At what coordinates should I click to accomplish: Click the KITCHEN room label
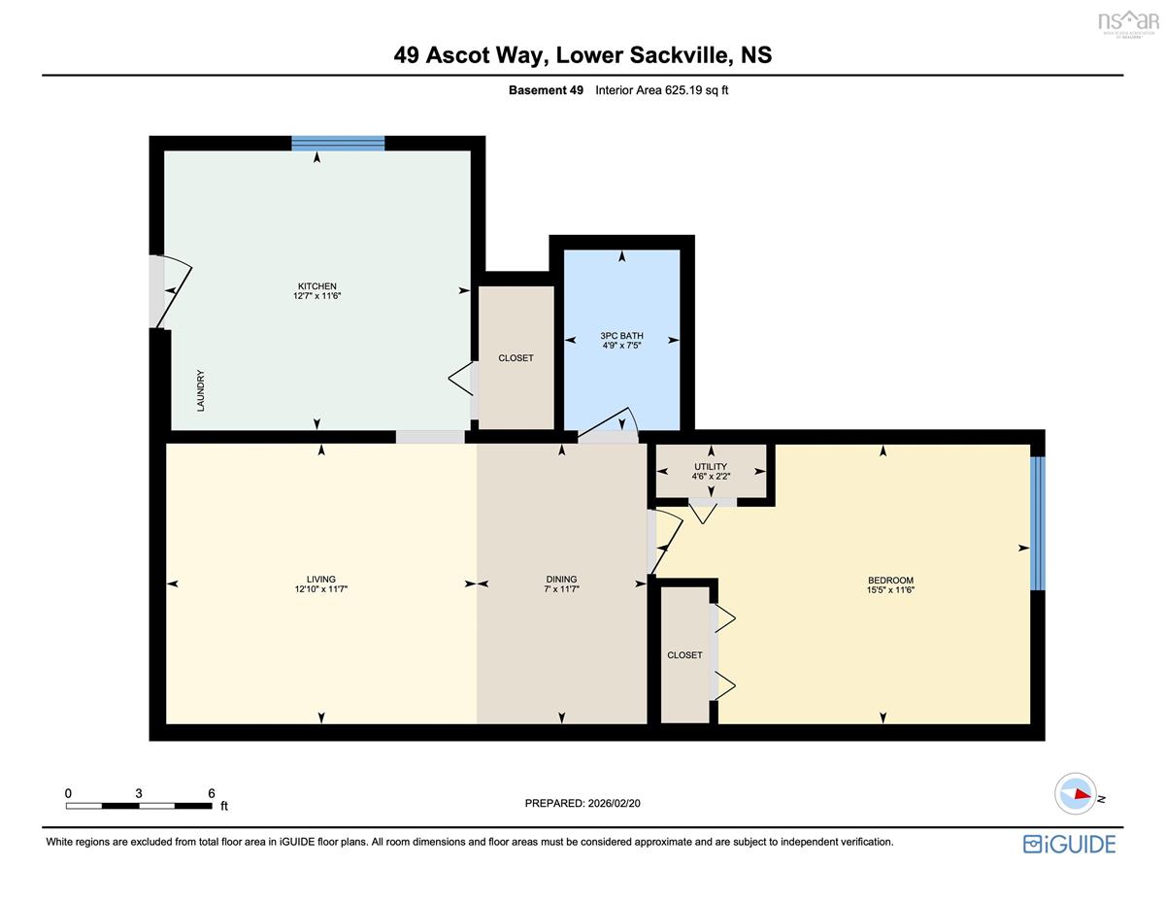click(316, 286)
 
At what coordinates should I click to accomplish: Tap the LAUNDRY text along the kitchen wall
click(201, 390)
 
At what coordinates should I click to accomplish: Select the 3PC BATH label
click(621, 336)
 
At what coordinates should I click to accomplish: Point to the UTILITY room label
click(711, 466)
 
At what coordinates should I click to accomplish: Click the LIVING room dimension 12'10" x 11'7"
click(321, 589)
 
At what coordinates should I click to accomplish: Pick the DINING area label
click(561, 580)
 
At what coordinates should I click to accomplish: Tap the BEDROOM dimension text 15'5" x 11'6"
click(890, 590)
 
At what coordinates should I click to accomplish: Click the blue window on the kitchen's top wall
click(338, 143)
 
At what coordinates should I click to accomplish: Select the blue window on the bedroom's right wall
click(1038, 523)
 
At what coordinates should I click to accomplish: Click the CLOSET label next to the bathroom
click(516, 358)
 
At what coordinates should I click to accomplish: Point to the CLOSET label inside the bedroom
click(684, 655)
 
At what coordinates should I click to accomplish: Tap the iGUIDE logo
click(1069, 845)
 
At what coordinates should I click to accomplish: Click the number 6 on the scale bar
click(212, 793)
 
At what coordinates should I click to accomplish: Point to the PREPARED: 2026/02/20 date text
click(582, 804)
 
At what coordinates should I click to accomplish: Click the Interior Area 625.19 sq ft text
click(661, 90)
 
